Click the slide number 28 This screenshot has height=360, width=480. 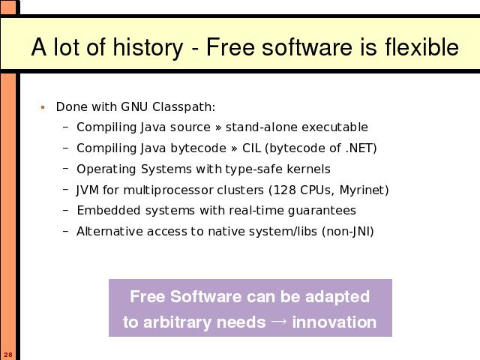[x=8, y=355]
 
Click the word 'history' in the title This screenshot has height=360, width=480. [x=148, y=47]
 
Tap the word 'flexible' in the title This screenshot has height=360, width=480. [x=421, y=46]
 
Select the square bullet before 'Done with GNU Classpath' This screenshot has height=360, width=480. [x=43, y=107]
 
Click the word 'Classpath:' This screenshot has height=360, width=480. [x=184, y=107]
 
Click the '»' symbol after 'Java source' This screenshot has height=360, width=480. [x=218, y=127]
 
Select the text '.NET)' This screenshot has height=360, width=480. [x=361, y=148]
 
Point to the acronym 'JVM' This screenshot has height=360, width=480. [x=88, y=190]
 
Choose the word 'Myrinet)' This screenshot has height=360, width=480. [x=364, y=190]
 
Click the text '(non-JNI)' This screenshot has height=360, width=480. [x=348, y=232]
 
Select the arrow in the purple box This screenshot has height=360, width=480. [x=279, y=321]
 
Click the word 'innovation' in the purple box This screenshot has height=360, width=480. [x=334, y=322]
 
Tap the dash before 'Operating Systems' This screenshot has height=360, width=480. [x=65, y=168]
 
